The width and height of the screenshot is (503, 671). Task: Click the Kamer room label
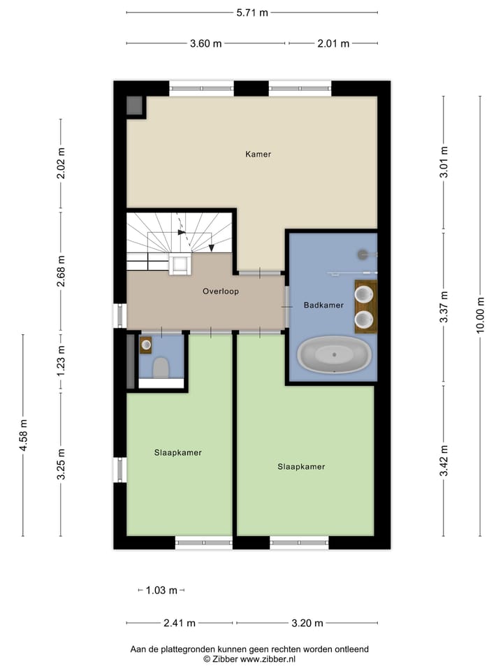point(258,154)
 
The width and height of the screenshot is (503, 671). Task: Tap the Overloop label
point(221,291)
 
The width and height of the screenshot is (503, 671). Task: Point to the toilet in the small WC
point(161,368)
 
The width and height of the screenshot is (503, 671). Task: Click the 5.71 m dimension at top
point(252,13)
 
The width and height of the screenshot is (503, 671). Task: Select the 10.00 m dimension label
point(480,317)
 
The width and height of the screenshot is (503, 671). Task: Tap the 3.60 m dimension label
point(205,43)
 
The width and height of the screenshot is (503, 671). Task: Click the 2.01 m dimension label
point(333,43)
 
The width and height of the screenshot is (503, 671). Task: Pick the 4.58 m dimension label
point(23,435)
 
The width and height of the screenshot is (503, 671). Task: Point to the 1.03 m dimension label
point(161,591)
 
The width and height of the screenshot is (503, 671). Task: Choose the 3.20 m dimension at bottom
point(308,623)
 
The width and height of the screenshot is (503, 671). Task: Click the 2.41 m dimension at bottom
point(180,623)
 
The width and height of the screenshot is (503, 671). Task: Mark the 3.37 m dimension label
point(443,306)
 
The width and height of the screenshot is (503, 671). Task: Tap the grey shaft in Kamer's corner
point(135,106)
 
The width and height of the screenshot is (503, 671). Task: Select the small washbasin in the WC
point(145,344)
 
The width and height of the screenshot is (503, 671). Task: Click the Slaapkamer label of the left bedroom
point(178,452)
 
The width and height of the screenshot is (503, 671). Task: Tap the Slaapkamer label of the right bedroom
point(301,466)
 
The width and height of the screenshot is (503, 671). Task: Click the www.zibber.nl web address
point(268,658)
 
